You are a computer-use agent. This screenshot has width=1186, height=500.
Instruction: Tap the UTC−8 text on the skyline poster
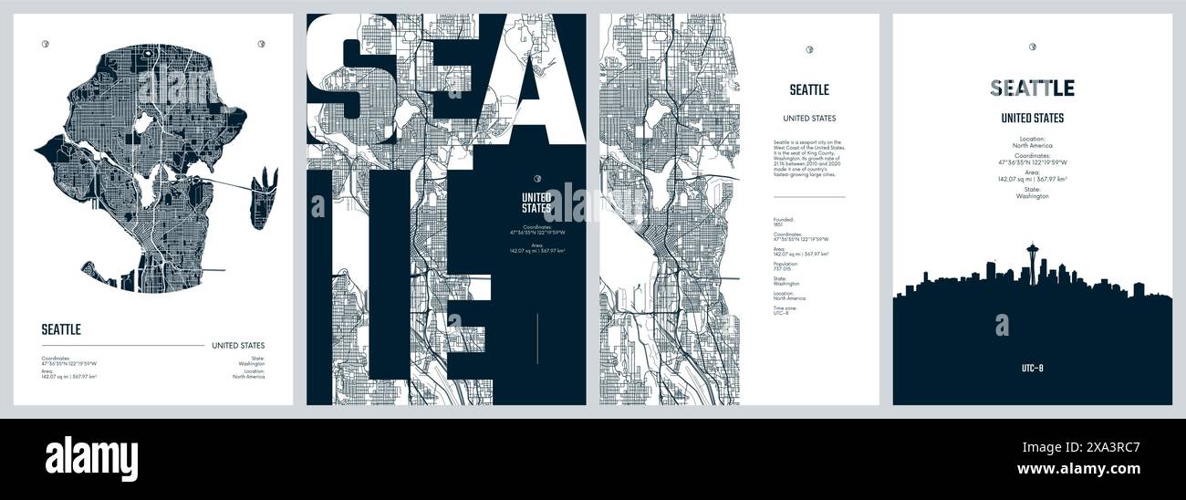(x=1032, y=368)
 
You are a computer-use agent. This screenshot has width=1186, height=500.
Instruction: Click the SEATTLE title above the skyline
(x=1032, y=89)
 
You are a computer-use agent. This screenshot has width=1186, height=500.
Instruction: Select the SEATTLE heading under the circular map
(x=61, y=329)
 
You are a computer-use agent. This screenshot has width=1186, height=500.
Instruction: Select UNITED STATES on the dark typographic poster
(x=536, y=202)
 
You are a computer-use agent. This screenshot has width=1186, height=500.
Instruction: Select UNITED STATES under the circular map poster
(x=238, y=346)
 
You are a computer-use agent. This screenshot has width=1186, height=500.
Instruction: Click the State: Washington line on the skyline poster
(x=1032, y=193)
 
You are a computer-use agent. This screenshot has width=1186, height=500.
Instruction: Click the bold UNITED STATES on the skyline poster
(x=1032, y=118)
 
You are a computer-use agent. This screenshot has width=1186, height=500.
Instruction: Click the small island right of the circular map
(x=264, y=195)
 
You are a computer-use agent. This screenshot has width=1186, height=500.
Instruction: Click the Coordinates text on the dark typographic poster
(x=536, y=230)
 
